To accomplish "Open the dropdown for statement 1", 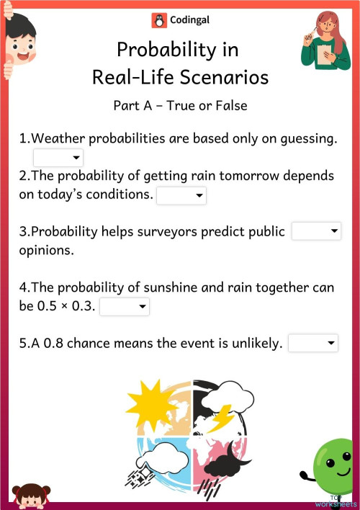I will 58,158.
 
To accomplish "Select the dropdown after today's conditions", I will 181,195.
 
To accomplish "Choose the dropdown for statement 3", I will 316,231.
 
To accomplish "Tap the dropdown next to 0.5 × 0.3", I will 125,307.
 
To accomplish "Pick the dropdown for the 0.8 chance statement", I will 313,344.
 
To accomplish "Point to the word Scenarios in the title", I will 227,76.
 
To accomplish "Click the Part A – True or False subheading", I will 180,105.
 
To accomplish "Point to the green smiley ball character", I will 333,465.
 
